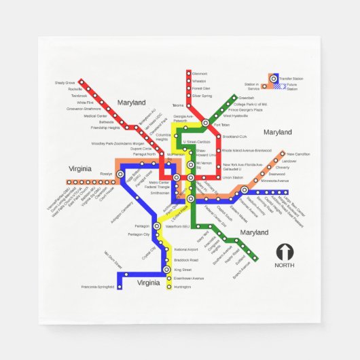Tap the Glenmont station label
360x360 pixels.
click(x=200, y=73)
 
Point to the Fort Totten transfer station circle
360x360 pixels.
click(x=206, y=124)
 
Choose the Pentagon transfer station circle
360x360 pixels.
click(x=157, y=226)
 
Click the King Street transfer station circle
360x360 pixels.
click(x=168, y=270)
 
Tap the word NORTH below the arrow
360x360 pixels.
click(x=285, y=266)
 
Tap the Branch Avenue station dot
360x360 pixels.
click(x=257, y=259)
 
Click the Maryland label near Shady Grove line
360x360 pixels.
click(x=131, y=103)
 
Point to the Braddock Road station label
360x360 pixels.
click(x=186, y=260)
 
